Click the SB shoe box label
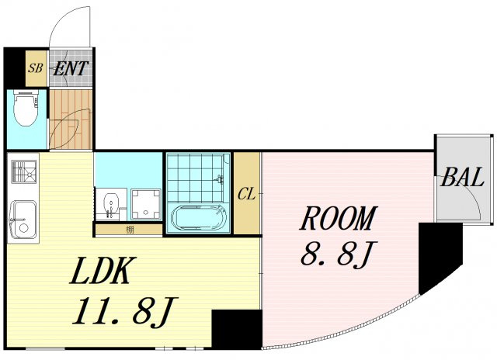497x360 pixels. click(35, 68)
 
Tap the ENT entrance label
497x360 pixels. click(71, 68)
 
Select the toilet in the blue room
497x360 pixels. click(26, 109)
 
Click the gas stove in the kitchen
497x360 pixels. click(24, 171)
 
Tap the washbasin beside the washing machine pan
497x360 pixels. click(111, 205)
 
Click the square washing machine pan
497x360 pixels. click(146, 204)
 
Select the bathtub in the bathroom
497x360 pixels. click(200, 217)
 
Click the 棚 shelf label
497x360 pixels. click(130, 230)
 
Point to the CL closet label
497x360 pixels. click(246, 195)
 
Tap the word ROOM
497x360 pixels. click(339, 218)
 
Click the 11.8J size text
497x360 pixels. click(125, 311)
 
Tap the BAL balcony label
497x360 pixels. click(463, 177)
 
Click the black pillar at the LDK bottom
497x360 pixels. click(237, 329)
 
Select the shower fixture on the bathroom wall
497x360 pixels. click(220, 179)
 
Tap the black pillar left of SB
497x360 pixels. click(14, 67)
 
